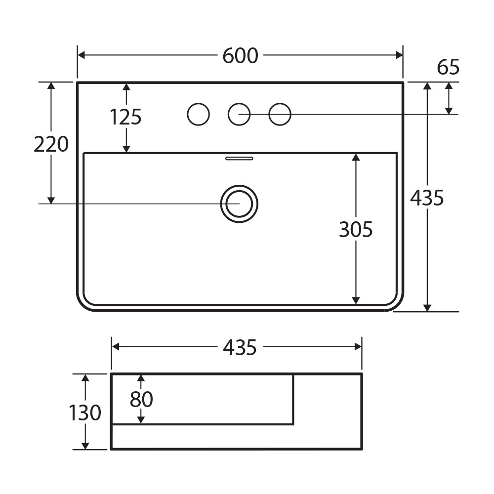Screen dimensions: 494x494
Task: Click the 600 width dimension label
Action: pos(241,56)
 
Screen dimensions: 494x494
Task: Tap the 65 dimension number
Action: pos(448,67)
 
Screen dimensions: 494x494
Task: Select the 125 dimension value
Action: pos(125,117)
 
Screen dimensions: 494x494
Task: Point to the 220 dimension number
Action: pos(51,144)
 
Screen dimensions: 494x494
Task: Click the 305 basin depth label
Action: pos(356,229)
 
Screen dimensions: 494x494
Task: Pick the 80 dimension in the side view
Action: pos(141,399)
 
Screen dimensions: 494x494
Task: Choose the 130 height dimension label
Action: pos(85,412)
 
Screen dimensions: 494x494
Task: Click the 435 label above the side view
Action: pos(240,348)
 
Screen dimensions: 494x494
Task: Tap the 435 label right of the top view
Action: pos(427,198)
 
